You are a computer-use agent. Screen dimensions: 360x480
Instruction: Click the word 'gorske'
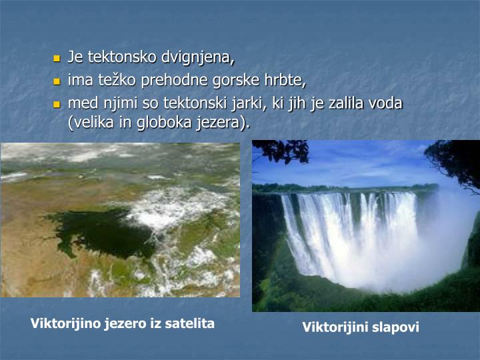click(x=232, y=81)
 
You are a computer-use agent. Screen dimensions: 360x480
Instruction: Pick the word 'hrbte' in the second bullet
click(x=285, y=81)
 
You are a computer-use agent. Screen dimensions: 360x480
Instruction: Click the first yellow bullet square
click(x=57, y=59)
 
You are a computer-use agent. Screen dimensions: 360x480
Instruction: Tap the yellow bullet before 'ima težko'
click(x=57, y=82)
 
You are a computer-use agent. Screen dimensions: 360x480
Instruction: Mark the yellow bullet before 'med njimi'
click(x=57, y=105)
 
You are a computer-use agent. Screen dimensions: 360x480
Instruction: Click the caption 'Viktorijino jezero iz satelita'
click(x=123, y=323)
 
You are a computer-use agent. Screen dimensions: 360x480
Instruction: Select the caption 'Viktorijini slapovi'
click(x=361, y=327)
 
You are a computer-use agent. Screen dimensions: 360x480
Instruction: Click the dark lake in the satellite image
click(x=93, y=230)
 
